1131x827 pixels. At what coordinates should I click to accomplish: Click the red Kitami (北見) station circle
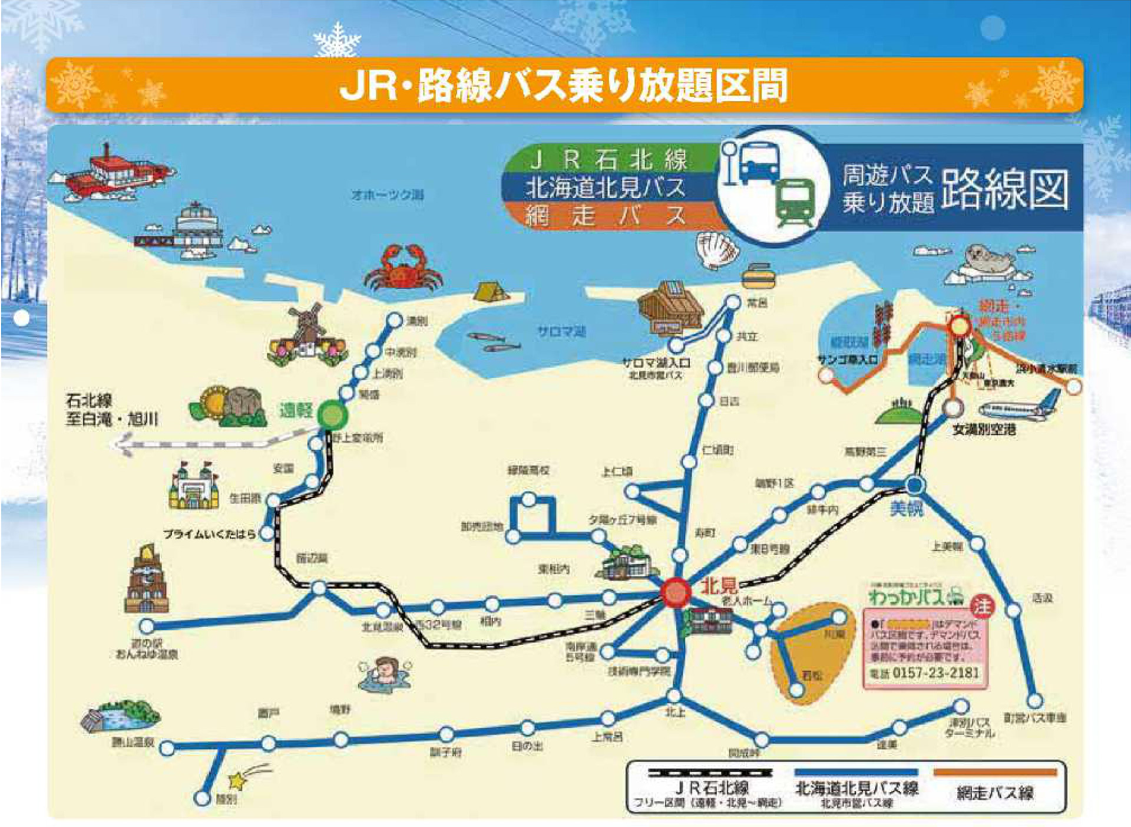click(x=675, y=592)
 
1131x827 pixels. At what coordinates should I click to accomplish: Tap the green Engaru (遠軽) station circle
click(x=332, y=415)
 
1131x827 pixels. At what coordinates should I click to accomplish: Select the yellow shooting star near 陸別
click(x=237, y=780)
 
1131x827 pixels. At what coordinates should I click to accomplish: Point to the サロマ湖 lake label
click(x=561, y=332)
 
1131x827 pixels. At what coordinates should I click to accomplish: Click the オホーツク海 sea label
click(x=387, y=194)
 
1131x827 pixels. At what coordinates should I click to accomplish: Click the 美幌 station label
click(x=906, y=508)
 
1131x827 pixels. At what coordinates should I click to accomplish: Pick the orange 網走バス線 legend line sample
click(x=995, y=772)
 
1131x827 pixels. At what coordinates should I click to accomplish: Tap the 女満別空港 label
click(x=984, y=430)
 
